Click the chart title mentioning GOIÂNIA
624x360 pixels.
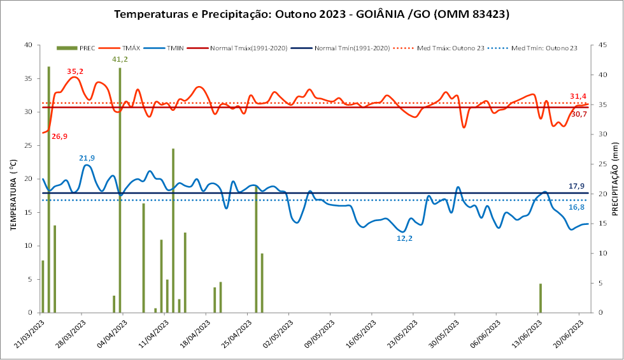tap(311, 14)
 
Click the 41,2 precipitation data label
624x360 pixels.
tap(120, 59)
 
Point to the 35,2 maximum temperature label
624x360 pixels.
tap(75, 71)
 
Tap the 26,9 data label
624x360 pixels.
tap(60, 136)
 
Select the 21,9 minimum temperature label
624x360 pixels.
tap(87, 158)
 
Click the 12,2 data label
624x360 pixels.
tap(404, 238)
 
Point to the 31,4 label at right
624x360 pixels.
tap(578, 96)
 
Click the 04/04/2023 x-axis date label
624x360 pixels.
tap(111, 335)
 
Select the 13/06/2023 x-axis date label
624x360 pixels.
tap(527, 335)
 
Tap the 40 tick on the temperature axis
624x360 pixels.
tap(28, 45)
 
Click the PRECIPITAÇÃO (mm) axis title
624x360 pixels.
tap(615, 179)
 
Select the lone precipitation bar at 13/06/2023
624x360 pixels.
tap(540, 298)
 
